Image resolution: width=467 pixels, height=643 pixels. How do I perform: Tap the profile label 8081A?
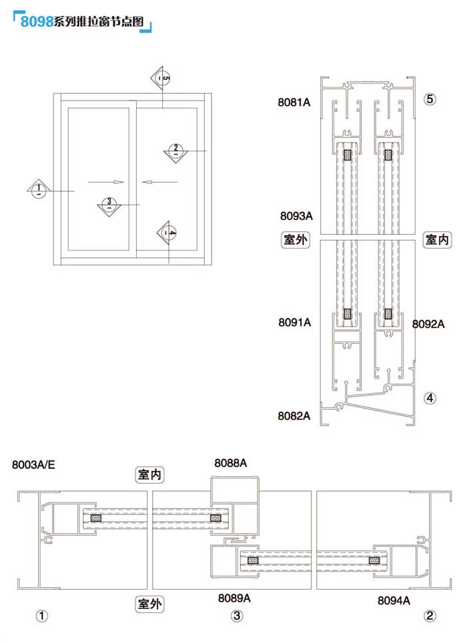[x=295, y=102]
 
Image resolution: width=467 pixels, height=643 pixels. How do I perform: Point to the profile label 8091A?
[x=295, y=322]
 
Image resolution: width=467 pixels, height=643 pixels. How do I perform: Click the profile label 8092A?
[x=428, y=324]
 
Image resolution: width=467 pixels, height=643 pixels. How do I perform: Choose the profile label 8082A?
[x=295, y=416]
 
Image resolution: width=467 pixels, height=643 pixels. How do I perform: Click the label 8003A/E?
[x=34, y=465]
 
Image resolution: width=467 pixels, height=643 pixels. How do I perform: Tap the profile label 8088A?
[x=231, y=462]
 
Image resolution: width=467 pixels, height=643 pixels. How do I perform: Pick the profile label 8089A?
[x=234, y=598]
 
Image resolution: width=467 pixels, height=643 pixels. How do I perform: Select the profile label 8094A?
[x=394, y=600]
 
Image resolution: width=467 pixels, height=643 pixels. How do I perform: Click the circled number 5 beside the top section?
[x=430, y=99]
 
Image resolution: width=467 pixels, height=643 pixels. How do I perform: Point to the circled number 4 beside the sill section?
[x=430, y=398]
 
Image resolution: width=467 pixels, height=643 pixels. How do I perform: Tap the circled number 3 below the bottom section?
[x=237, y=616]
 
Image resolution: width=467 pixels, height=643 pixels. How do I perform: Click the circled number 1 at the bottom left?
[x=43, y=616]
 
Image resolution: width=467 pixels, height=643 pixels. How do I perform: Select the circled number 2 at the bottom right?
[x=430, y=616]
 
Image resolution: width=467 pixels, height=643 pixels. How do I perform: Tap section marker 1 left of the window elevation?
[x=39, y=188]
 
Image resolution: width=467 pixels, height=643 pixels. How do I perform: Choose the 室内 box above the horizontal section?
[x=151, y=474]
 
